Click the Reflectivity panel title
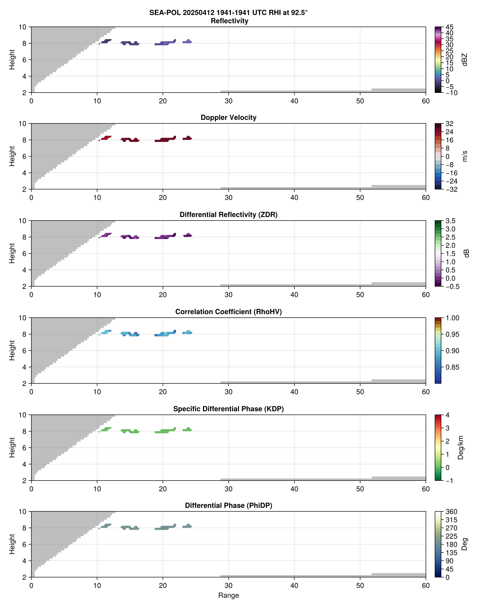pyautogui.click(x=229, y=21)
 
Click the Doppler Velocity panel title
pyautogui.click(x=228, y=118)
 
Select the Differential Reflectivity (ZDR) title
pyautogui.click(x=228, y=215)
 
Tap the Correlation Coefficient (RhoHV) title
pyautogui.click(x=228, y=312)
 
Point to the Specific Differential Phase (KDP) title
pyautogui.click(x=228, y=409)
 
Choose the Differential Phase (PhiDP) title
pyautogui.click(x=228, y=505)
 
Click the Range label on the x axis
pyautogui.click(x=228, y=595)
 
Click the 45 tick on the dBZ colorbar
pyautogui.click(x=449, y=27)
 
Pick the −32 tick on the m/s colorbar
pyautogui.click(x=451, y=189)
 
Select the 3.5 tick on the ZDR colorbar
pyautogui.click(x=450, y=221)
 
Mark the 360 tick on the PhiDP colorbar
pyautogui.click(x=451, y=512)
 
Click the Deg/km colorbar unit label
pyautogui.click(x=461, y=447)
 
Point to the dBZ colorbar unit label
pyautogui.click(x=465, y=60)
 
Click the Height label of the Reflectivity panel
pyautogui.click(x=12, y=60)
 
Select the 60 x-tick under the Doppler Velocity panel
pyautogui.click(x=426, y=198)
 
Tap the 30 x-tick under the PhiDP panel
pyautogui.click(x=228, y=586)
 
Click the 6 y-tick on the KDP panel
pyautogui.click(x=24, y=448)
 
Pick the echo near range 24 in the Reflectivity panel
pyautogui.click(x=187, y=42)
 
